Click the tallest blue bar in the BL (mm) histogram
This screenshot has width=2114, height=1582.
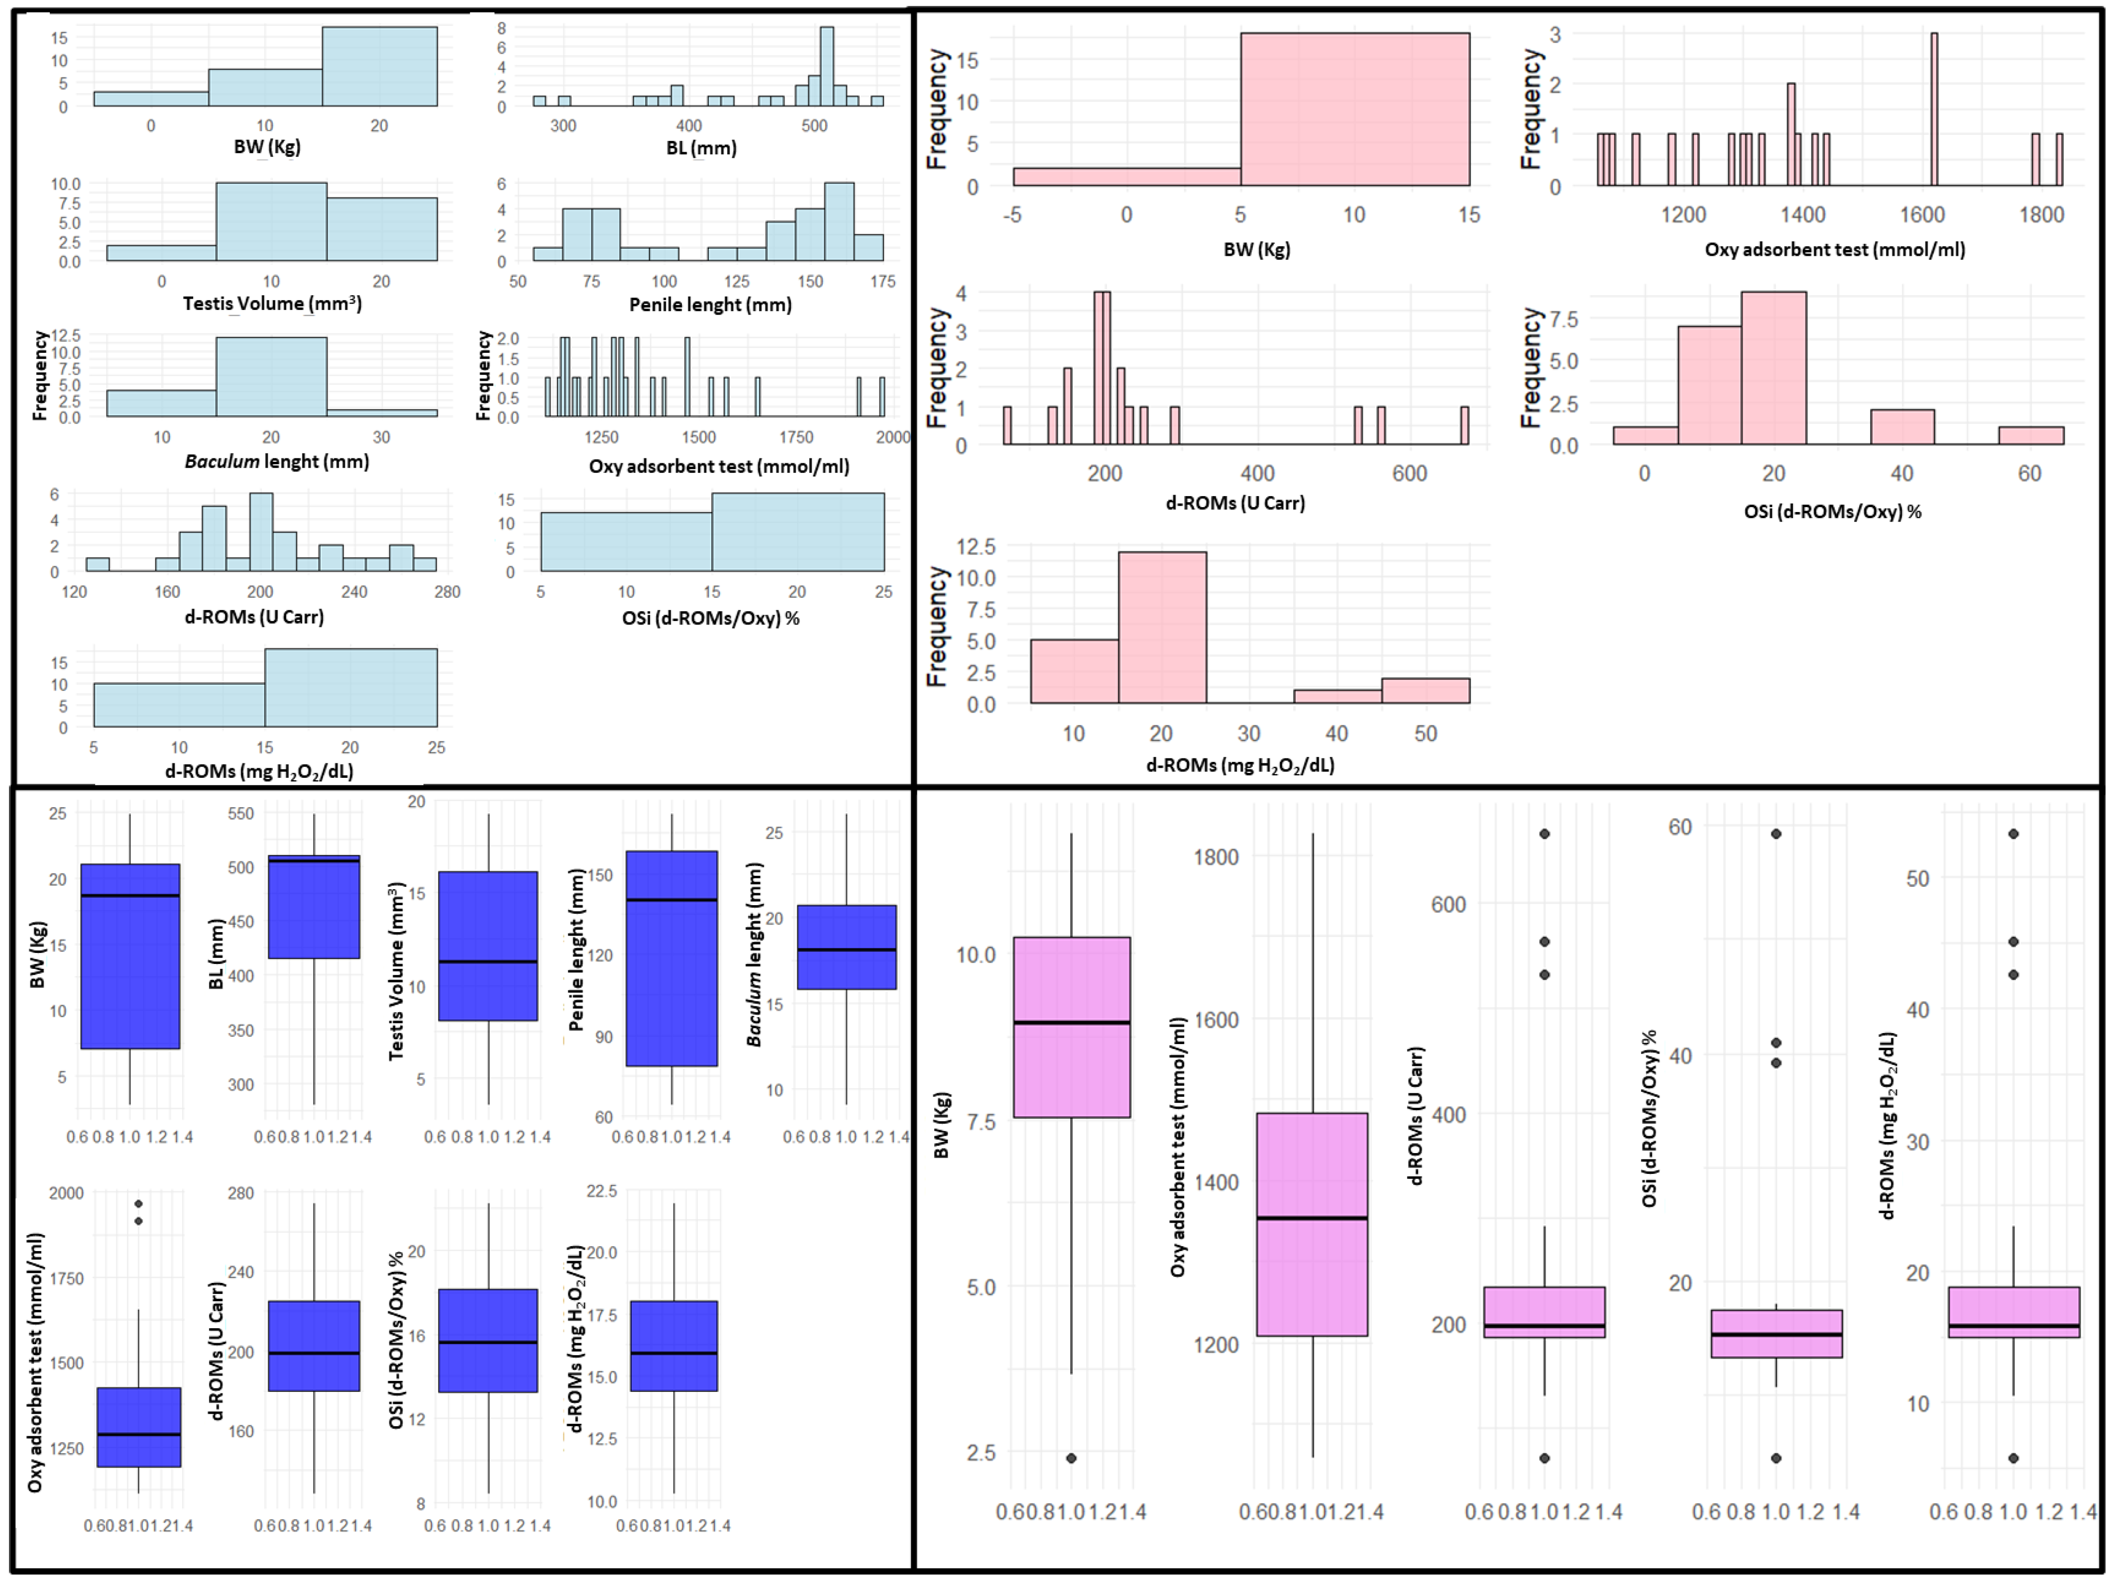(x=827, y=67)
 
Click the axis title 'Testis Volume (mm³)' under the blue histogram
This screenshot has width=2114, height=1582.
(x=272, y=304)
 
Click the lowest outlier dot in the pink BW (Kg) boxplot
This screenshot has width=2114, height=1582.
(x=1071, y=1458)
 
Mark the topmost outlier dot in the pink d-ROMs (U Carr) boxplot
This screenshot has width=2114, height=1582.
(x=1545, y=834)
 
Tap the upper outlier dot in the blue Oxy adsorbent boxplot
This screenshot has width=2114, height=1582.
(x=138, y=1204)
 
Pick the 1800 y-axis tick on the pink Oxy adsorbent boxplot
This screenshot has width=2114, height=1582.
(x=1216, y=857)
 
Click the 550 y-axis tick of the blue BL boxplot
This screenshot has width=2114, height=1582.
(x=241, y=814)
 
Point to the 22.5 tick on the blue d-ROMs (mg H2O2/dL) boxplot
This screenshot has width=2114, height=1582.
(x=601, y=1191)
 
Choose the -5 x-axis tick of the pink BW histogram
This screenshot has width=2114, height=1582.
(x=1012, y=215)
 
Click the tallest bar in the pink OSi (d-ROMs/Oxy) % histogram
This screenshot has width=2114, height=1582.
(x=1773, y=368)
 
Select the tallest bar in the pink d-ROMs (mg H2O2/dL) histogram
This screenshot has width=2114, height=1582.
(x=1162, y=628)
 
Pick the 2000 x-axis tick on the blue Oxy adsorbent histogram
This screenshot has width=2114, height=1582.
(x=892, y=437)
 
